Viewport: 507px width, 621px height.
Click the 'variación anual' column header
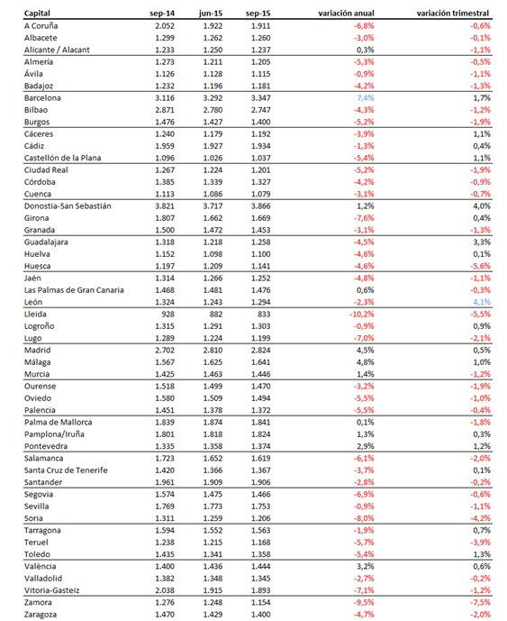(346, 14)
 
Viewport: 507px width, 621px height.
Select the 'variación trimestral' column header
(453, 14)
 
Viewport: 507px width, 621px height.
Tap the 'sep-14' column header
(162, 14)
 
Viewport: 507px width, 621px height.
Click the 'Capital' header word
(37, 14)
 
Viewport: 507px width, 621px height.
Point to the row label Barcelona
(42, 98)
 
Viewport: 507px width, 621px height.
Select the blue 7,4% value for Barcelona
(366, 98)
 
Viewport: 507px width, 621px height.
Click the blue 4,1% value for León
(482, 302)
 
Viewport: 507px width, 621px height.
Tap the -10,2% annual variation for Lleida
(362, 314)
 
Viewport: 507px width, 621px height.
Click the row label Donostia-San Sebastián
(68, 205)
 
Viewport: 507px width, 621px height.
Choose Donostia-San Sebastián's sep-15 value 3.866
(261, 205)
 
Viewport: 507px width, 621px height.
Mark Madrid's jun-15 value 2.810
(213, 350)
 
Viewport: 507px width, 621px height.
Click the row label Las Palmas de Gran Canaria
(74, 290)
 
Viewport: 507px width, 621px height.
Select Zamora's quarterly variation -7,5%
(481, 602)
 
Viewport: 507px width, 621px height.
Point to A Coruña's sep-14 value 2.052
(165, 26)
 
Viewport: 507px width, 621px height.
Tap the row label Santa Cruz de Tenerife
(66, 470)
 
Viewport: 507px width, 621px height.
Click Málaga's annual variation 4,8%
(366, 362)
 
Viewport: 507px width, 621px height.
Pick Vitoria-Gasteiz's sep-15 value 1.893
(261, 590)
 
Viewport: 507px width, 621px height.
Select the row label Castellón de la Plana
(62, 158)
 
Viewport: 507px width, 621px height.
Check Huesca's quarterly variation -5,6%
(481, 266)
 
